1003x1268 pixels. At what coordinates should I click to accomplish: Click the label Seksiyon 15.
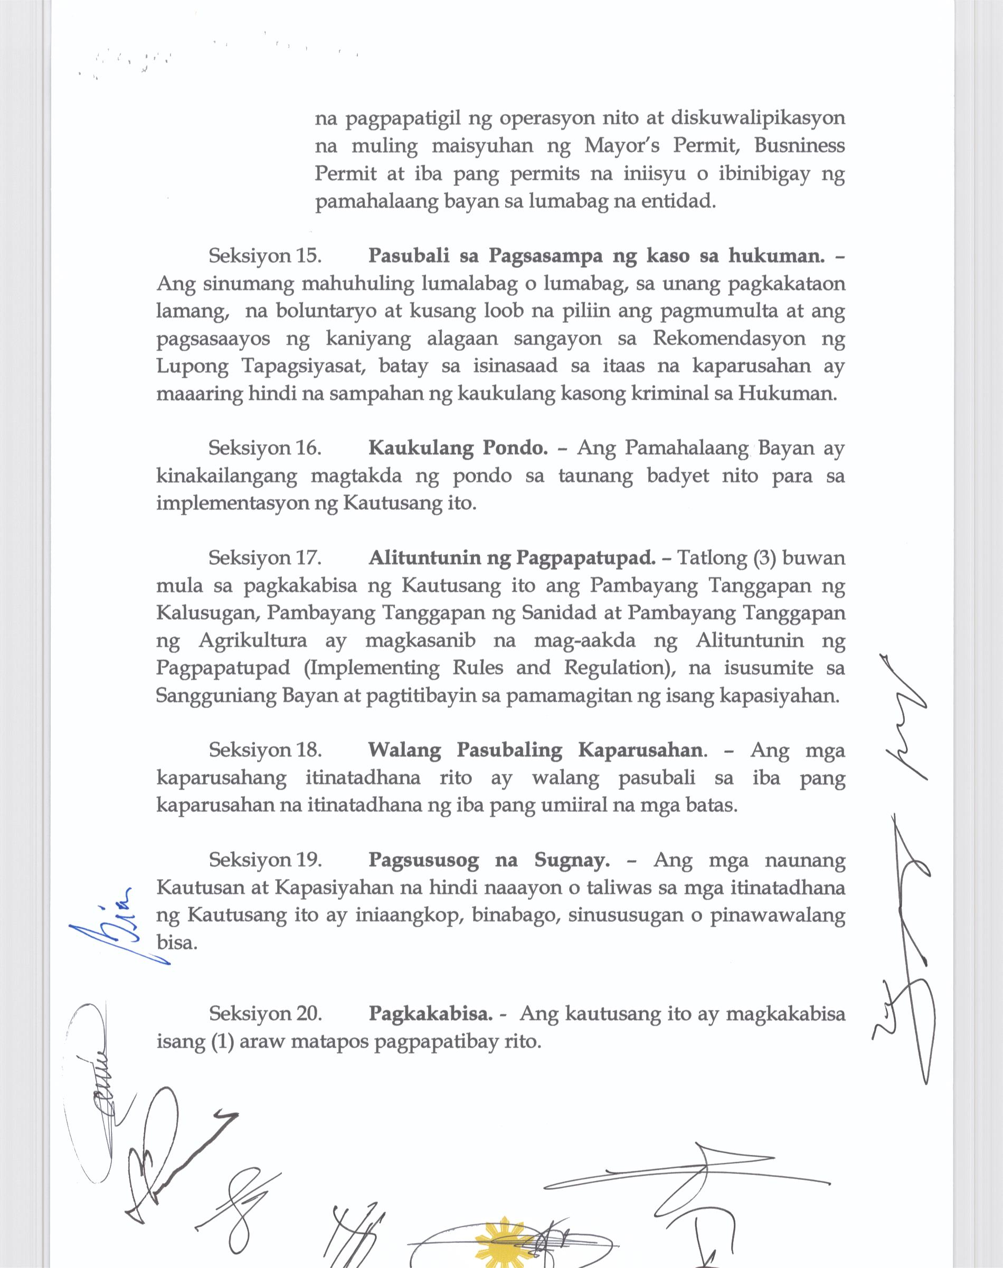265,256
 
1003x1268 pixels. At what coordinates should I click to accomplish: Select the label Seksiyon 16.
265,447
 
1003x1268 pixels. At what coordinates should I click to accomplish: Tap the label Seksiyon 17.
265,557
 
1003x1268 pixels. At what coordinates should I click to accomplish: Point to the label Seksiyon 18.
265,750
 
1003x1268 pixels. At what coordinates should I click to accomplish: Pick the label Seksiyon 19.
265,860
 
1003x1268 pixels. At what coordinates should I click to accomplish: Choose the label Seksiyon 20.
265,1013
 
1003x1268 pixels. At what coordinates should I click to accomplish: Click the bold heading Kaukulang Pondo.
458,447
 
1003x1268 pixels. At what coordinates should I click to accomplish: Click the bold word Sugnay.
571,860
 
